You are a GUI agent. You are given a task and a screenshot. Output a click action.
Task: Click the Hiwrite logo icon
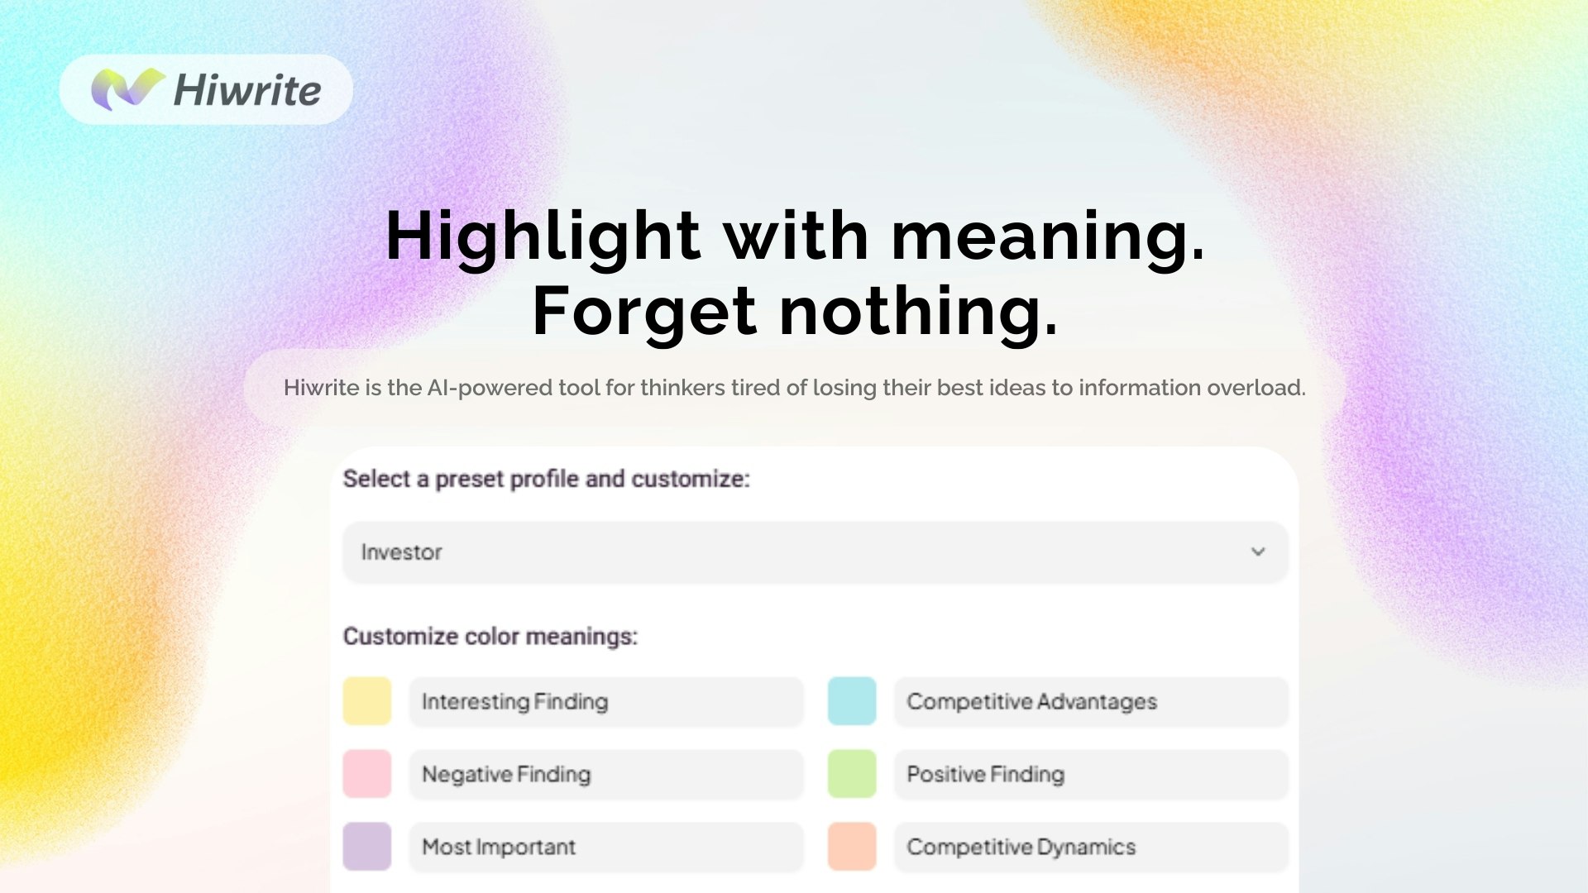[x=127, y=89]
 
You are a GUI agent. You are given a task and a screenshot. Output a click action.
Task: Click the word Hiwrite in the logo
[x=247, y=90]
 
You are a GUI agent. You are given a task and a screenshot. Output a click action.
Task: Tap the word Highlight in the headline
[x=543, y=236]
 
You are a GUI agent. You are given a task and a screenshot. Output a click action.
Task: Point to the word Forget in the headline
[x=643, y=312]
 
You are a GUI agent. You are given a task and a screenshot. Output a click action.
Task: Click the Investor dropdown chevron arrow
[x=1258, y=552]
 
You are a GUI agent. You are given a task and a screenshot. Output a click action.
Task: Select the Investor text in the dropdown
[x=402, y=552]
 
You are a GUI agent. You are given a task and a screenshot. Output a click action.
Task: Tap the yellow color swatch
[x=367, y=701]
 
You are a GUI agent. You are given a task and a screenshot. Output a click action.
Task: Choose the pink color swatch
[x=367, y=774]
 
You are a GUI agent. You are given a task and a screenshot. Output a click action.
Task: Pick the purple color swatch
[x=367, y=846]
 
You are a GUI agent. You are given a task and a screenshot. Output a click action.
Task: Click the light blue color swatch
[x=852, y=701]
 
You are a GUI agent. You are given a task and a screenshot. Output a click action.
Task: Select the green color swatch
[x=852, y=774]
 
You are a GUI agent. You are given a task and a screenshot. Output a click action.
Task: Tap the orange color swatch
[x=852, y=846]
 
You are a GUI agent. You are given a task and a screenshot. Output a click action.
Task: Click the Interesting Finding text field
[x=606, y=702]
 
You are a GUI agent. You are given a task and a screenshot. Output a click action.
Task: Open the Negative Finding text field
[x=606, y=775]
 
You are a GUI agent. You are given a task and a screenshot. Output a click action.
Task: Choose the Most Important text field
[x=606, y=847]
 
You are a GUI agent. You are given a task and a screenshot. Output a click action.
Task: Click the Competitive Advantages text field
[x=1091, y=702]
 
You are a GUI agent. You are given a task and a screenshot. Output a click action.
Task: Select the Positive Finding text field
[x=1091, y=775]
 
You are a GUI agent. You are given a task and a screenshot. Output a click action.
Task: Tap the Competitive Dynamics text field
[x=1091, y=847]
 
